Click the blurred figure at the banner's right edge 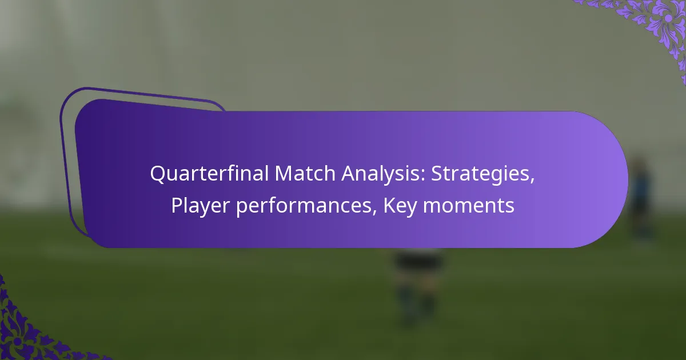pos(640,200)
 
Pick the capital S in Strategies pos(436,174)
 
